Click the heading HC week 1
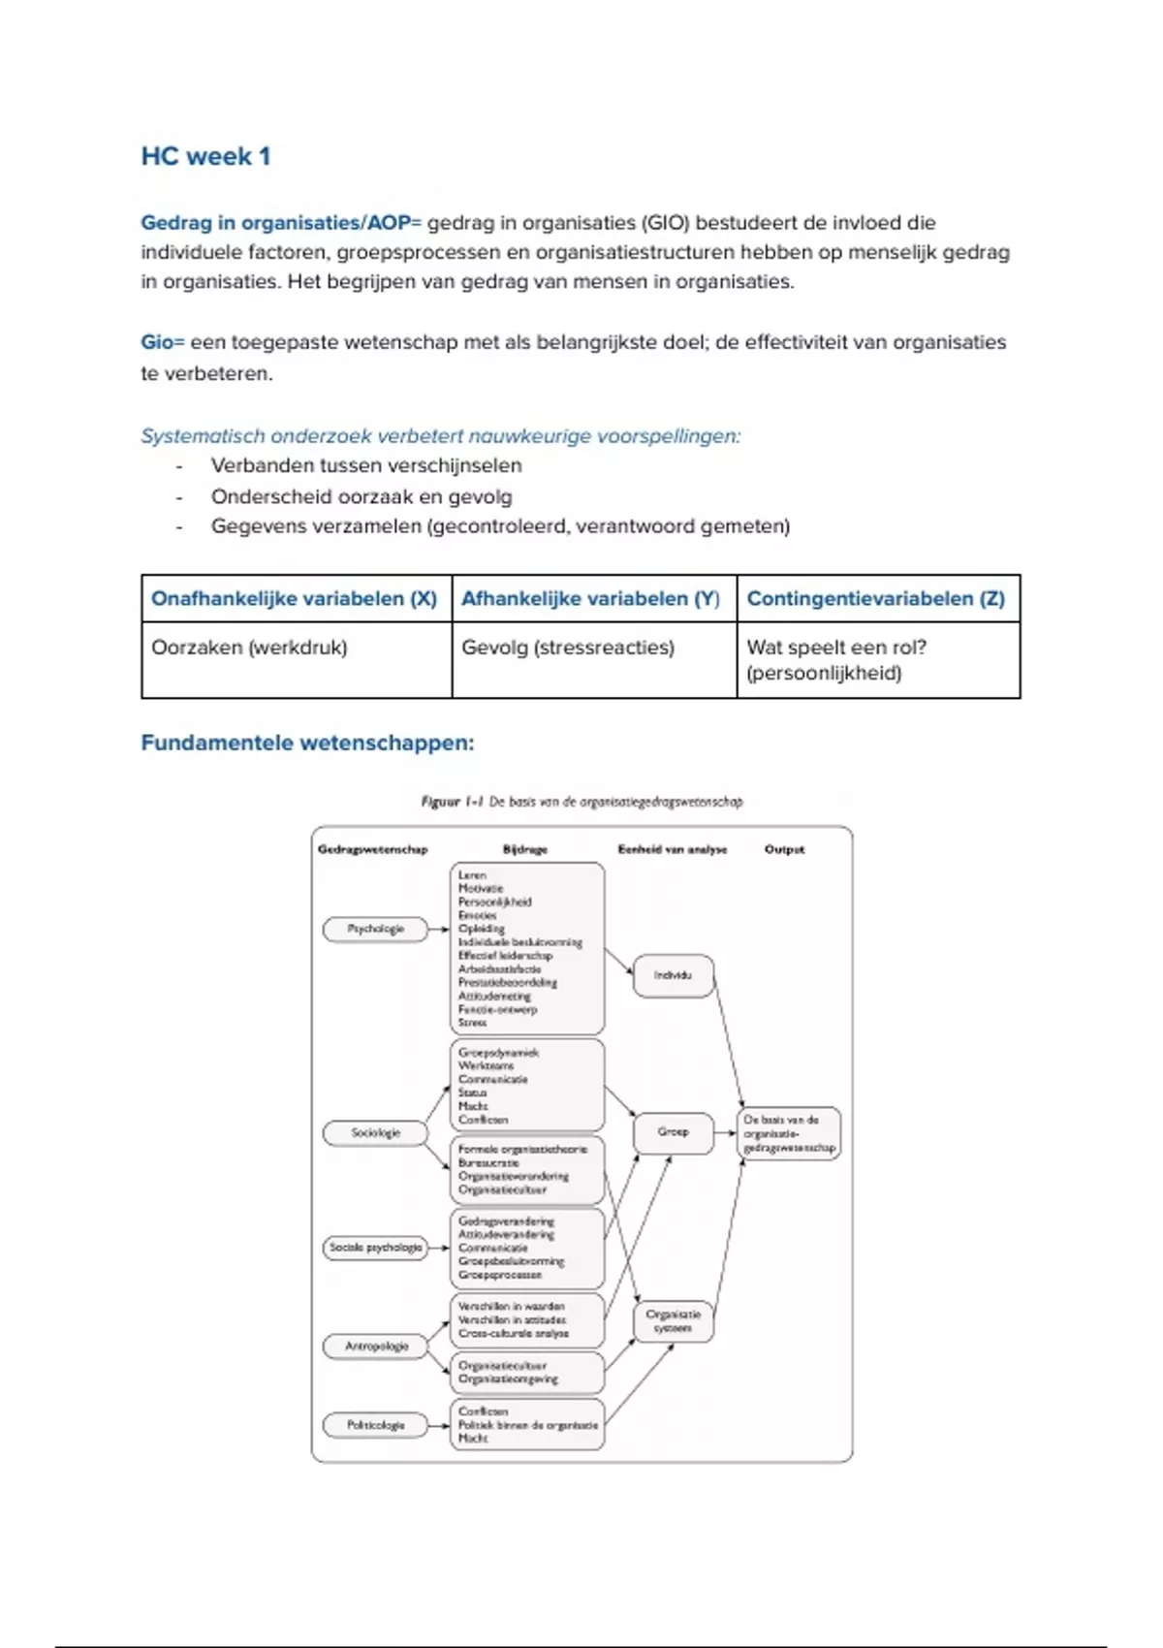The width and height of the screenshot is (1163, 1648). coord(205,156)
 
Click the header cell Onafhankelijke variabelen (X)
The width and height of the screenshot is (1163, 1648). coord(295,598)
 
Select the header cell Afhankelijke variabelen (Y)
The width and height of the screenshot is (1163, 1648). coord(590,598)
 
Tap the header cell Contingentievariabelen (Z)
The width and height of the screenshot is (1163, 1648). coord(876,598)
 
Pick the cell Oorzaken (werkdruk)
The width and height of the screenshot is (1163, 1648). coord(249,648)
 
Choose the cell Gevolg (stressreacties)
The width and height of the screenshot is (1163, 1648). coord(568,648)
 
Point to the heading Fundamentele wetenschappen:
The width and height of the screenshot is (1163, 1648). coord(307,744)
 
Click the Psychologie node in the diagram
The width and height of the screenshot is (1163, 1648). coord(375,929)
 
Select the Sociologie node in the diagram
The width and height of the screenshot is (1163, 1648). coord(375,1132)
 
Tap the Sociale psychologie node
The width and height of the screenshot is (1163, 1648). coord(375,1248)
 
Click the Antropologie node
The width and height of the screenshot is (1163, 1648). coord(376,1347)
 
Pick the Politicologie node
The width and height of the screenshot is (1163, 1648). coord(375,1425)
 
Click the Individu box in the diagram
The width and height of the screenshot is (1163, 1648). coord(673,975)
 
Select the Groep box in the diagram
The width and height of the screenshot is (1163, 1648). coord(673,1132)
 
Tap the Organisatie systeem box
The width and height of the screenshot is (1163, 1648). coord(673,1321)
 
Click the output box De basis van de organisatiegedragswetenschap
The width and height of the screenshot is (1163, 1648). coord(789,1133)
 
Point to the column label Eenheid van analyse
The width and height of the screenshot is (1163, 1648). coord(672,849)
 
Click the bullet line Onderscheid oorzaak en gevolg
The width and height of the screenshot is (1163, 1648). coord(361,496)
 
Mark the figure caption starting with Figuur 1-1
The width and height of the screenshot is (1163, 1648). coord(581,802)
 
